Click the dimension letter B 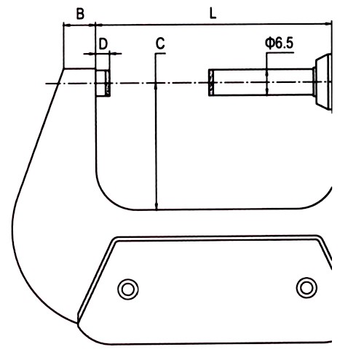click(x=80, y=14)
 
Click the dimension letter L click(x=213, y=14)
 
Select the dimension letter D click(x=103, y=44)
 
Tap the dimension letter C click(x=160, y=44)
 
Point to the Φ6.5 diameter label click(x=279, y=43)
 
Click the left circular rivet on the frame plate click(x=128, y=289)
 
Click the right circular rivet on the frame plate click(x=306, y=287)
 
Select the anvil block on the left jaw click(x=103, y=83)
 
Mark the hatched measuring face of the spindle click(x=211, y=82)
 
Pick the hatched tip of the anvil click(x=108, y=83)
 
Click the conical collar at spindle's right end click(x=323, y=82)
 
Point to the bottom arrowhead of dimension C click(x=157, y=206)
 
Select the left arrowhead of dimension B click(x=66, y=25)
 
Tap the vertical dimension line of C click(x=156, y=132)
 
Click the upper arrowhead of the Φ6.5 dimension click(x=266, y=72)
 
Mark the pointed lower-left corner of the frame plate click(x=78, y=322)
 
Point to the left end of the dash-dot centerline click(x=46, y=84)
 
